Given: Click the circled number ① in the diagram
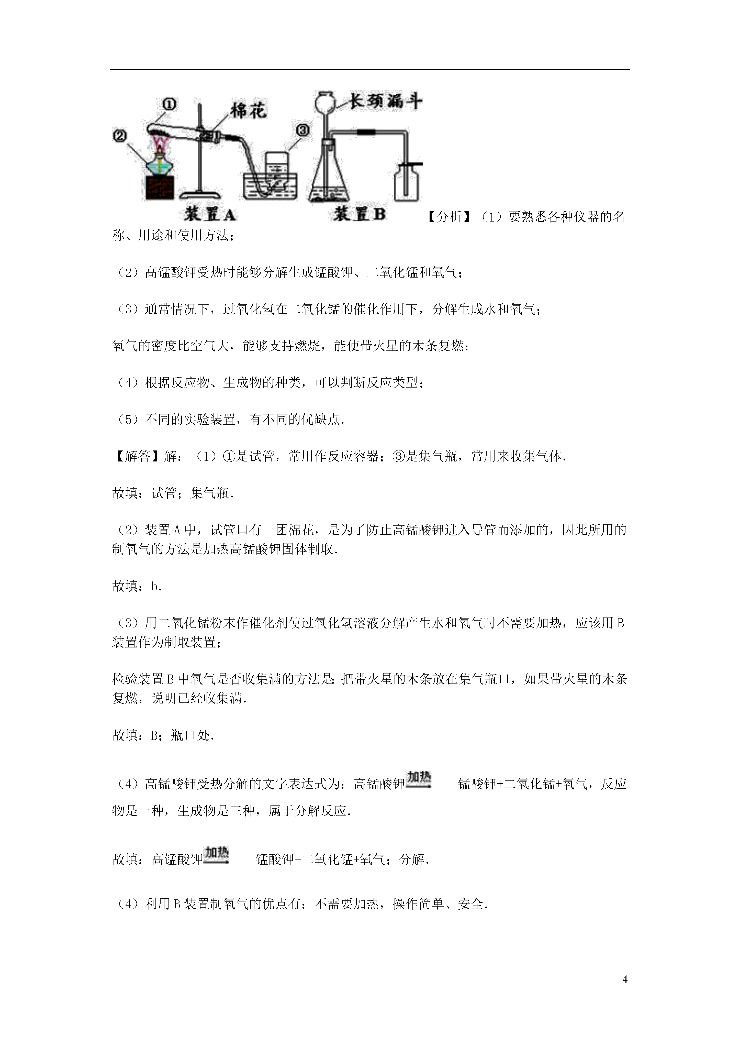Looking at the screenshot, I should [x=169, y=104].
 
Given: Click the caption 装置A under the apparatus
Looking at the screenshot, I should [x=210, y=214].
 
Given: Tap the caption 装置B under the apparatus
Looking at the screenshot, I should [x=359, y=213].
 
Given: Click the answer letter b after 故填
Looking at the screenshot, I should [x=155, y=587].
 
